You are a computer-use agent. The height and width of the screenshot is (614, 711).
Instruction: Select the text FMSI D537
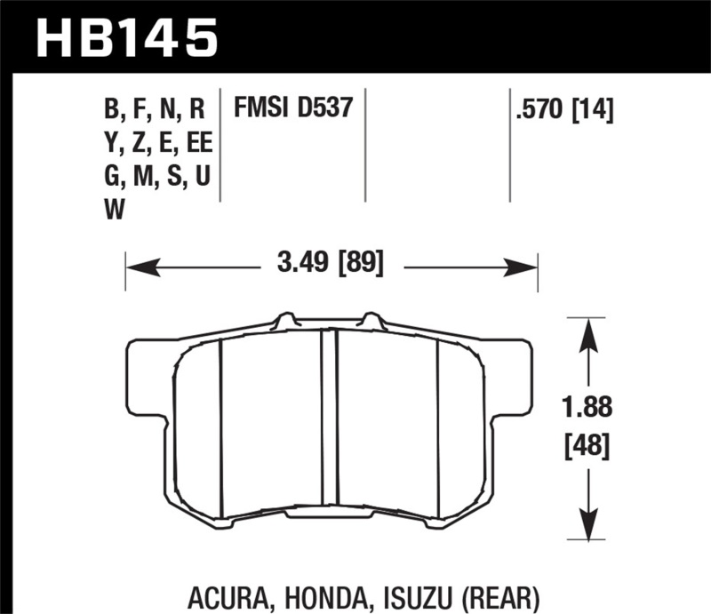click(293, 109)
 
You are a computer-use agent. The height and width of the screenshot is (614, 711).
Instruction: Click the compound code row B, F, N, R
click(155, 110)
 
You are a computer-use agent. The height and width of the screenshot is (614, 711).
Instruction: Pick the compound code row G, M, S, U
click(156, 177)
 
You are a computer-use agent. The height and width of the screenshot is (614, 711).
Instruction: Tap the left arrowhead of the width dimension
click(136, 265)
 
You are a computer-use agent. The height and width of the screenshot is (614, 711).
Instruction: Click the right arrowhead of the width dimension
click(528, 265)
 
